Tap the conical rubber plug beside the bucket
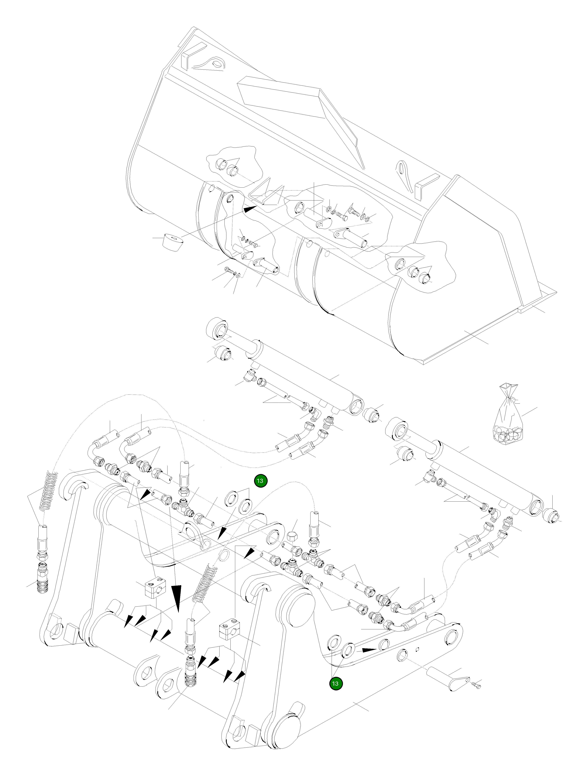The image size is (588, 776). (x=173, y=242)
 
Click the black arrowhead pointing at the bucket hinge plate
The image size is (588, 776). (x=250, y=209)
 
